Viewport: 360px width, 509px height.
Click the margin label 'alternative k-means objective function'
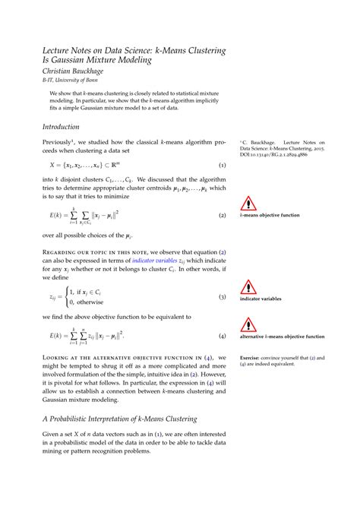[x=282, y=336]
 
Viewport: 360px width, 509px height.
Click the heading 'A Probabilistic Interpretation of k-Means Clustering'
[x=119, y=419]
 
